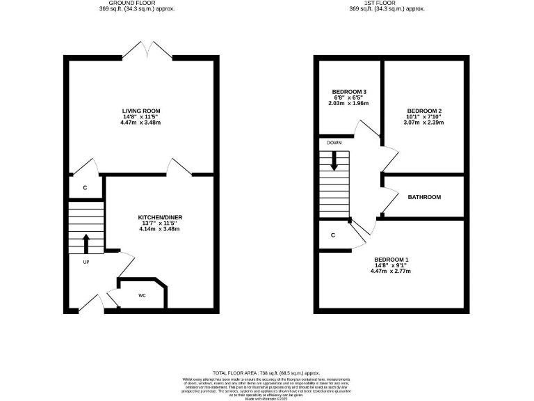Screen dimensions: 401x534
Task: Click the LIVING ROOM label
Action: pyautogui.click(x=141, y=111)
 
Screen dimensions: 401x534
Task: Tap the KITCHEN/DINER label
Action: pyautogui.click(x=160, y=217)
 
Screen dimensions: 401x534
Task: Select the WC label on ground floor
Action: pyautogui.click(x=142, y=295)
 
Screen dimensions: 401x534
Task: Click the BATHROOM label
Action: pyautogui.click(x=424, y=197)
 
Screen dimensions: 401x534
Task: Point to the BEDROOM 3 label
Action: pyautogui.click(x=349, y=92)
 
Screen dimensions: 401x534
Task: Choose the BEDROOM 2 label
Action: pyautogui.click(x=424, y=111)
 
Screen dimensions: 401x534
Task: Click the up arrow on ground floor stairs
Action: pyautogui.click(x=86, y=244)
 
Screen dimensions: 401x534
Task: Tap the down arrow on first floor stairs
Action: pyautogui.click(x=335, y=161)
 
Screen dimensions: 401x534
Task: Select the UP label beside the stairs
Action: pyautogui.click(x=87, y=262)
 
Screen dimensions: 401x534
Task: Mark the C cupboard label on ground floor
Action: pyautogui.click(x=85, y=188)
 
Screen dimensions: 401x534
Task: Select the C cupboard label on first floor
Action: pyautogui.click(x=333, y=235)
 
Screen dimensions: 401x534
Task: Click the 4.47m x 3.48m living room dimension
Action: pyautogui.click(x=141, y=123)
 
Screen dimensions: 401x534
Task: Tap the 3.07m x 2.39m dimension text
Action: pyautogui.click(x=424, y=123)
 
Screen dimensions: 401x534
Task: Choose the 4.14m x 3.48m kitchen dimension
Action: pyautogui.click(x=160, y=229)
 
